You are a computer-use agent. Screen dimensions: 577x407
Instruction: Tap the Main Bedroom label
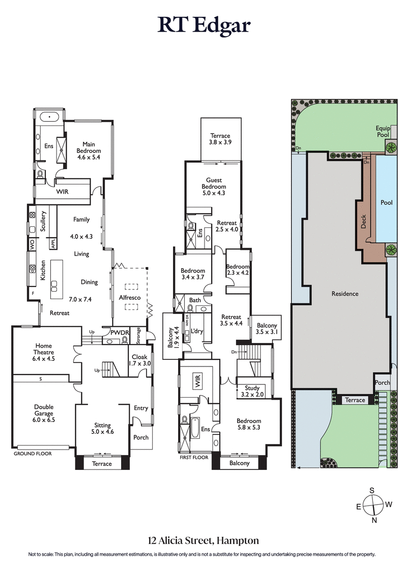click(89, 147)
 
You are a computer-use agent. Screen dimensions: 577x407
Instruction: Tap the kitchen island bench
click(56, 281)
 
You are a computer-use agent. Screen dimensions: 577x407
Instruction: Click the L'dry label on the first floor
click(197, 331)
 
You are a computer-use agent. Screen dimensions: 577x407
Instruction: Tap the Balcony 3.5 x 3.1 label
click(267, 329)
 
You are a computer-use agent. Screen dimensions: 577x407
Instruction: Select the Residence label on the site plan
click(344, 294)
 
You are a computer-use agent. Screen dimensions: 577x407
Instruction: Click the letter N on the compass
click(374, 520)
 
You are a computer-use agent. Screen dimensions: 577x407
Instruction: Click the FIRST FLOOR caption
click(194, 458)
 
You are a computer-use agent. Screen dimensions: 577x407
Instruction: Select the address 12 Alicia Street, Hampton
click(203, 540)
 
